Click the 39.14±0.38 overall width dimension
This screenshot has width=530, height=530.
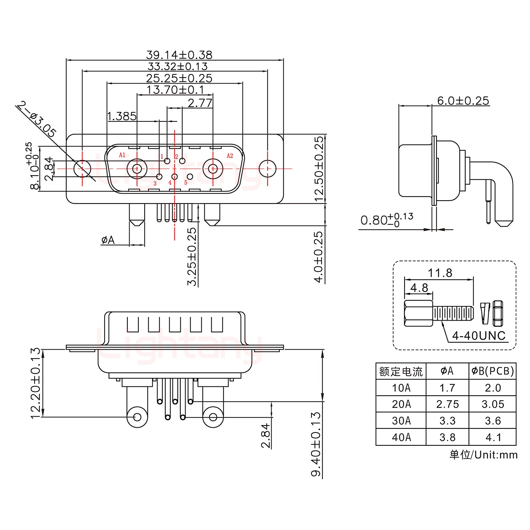click(x=179, y=55)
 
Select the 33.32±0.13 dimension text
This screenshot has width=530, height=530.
click(x=177, y=67)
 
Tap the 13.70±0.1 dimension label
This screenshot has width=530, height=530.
click(x=175, y=90)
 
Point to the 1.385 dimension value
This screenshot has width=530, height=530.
click(x=122, y=116)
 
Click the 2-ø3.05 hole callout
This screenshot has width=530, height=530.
click(x=37, y=119)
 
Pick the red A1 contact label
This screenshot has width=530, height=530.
click(x=122, y=155)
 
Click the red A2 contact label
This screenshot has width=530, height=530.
click(x=230, y=156)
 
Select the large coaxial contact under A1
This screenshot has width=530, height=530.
click(x=137, y=169)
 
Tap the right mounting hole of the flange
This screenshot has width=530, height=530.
click(x=268, y=169)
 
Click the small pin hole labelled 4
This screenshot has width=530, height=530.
click(x=174, y=177)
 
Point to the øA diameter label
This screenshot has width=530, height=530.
click(x=108, y=240)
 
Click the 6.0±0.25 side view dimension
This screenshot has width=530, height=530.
click(x=463, y=101)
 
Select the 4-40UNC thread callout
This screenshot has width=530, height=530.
click(x=478, y=336)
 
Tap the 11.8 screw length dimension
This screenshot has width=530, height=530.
click(x=440, y=273)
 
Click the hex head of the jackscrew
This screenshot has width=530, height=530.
click(x=418, y=313)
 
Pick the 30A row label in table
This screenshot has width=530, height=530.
click(x=401, y=421)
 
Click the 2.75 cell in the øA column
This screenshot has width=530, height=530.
click(x=448, y=404)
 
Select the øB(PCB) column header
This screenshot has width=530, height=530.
click(x=493, y=371)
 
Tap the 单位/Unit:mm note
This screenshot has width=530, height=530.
click(x=483, y=455)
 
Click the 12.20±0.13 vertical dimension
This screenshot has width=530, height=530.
click(x=35, y=383)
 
